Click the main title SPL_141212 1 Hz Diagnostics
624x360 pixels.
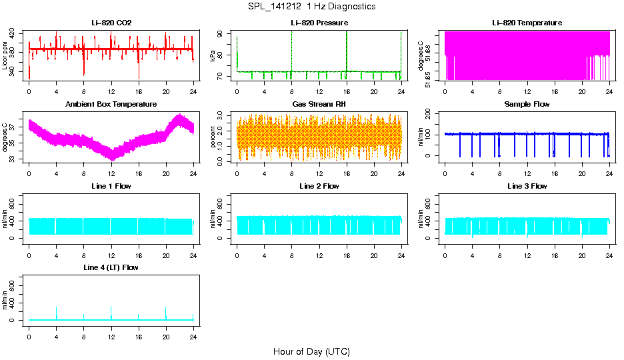pyautogui.click(x=311, y=7)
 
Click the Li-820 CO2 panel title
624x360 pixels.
pyautogui.click(x=111, y=23)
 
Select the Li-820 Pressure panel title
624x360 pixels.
pyautogui.click(x=319, y=23)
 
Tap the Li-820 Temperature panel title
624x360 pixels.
pyautogui.click(x=527, y=23)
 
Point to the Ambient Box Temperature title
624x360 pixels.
pyautogui.click(x=111, y=105)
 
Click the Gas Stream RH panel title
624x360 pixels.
pyautogui.click(x=319, y=105)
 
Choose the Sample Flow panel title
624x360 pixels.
pyautogui.click(x=527, y=105)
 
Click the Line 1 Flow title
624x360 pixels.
pyautogui.click(x=111, y=186)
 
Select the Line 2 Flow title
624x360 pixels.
pyautogui.click(x=319, y=186)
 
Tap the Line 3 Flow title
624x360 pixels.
pyautogui.click(x=527, y=186)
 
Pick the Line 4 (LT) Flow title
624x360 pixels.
pyautogui.click(x=111, y=267)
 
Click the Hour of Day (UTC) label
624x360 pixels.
pyautogui.click(x=311, y=351)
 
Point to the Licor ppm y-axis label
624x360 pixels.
pyautogui.click(x=5, y=55)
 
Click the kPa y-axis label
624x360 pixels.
pyautogui.click(x=213, y=55)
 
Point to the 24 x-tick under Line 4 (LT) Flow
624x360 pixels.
pyautogui.click(x=193, y=331)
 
